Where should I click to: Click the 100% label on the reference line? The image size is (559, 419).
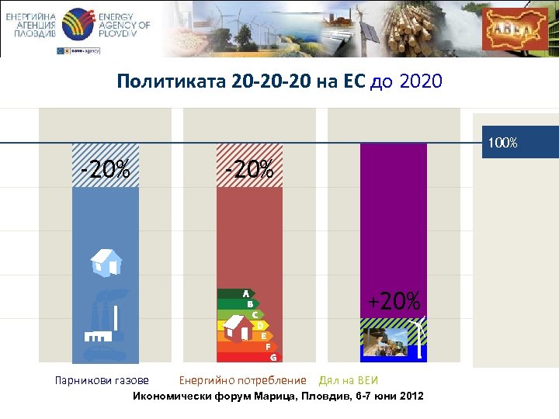tap(503, 143)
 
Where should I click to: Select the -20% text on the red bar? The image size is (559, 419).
tap(249, 168)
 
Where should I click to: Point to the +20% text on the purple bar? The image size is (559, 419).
tap(394, 300)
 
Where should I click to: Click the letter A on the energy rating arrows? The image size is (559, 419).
tap(245, 294)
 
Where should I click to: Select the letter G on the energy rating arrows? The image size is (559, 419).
tap(273, 358)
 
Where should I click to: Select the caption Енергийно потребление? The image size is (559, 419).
tap(242, 380)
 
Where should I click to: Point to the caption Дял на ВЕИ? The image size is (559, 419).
tap(348, 380)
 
